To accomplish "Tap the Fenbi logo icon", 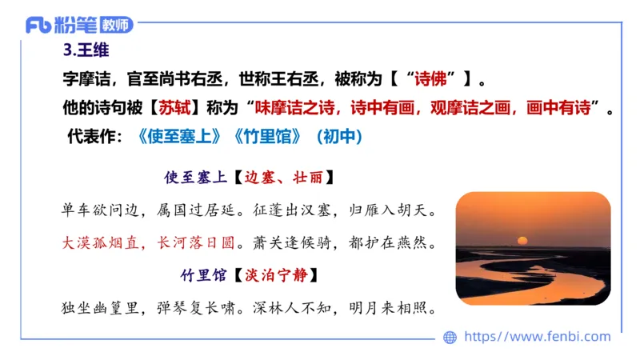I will click(38, 24).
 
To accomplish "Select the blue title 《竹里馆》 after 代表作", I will click(267, 137).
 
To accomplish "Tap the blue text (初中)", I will click(340, 137).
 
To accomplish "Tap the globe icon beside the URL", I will click(450, 337).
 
